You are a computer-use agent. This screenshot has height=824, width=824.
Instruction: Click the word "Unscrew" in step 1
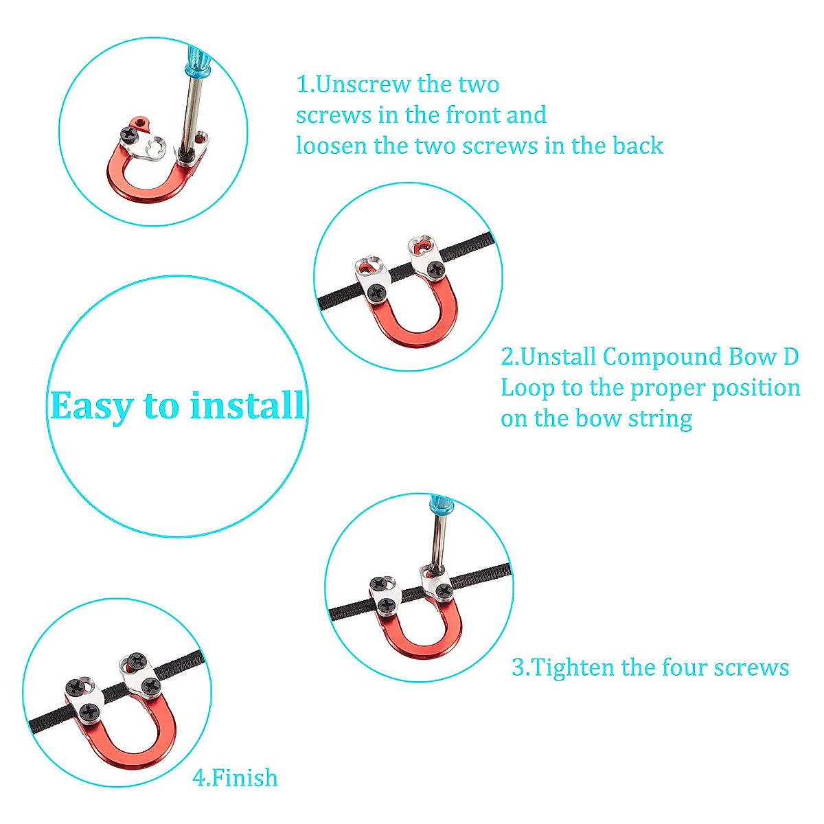click(x=363, y=84)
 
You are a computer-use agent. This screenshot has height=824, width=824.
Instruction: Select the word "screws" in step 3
click(x=751, y=668)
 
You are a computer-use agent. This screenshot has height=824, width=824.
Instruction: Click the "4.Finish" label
click(x=236, y=778)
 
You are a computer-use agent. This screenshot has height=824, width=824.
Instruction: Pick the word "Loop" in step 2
click(x=527, y=388)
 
